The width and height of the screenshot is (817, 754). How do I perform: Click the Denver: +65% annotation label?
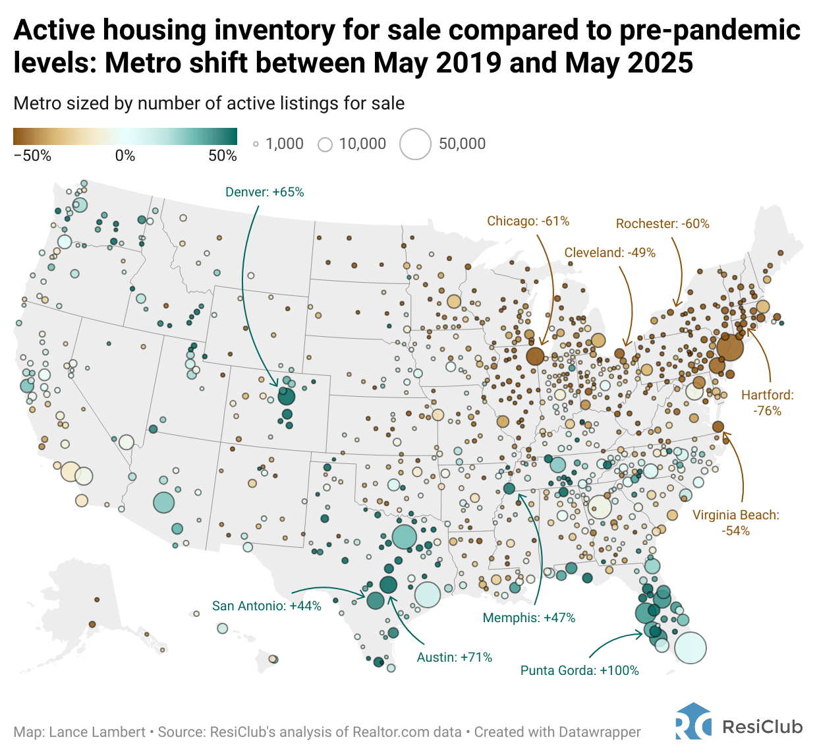(265, 192)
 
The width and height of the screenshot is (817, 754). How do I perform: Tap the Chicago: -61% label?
(528, 221)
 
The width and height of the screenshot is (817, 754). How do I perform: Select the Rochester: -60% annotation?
(662, 224)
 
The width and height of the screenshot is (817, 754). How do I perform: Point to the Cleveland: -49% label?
(609, 253)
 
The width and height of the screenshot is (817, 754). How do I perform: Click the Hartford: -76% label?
(768, 403)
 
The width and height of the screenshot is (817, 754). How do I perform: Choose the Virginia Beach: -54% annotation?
(735, 523)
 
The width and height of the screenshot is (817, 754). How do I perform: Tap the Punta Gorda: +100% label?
(579, 671)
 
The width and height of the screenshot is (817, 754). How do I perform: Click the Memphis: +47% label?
(528, 618)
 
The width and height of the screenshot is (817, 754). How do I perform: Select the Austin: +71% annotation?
(454, 658)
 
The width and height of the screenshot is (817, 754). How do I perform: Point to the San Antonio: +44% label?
(266, 606)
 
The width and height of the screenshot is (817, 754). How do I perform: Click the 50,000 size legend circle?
(416, 144)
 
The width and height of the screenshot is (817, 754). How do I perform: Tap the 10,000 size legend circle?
(325, 144)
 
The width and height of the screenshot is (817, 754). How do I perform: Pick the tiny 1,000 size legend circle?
(256, 144)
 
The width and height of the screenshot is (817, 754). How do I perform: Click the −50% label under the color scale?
(32, 156)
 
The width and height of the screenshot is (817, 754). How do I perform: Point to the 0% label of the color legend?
(125, 156)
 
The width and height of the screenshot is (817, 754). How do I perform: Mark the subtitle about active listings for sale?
(209, 103)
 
